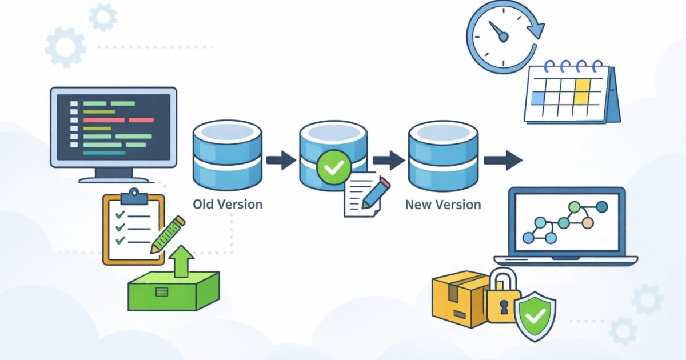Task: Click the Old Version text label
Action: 228,204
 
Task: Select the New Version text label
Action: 443,204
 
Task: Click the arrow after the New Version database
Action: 503,161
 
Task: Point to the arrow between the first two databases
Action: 281,161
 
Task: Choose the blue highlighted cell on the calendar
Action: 538,99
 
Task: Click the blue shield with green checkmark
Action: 535,315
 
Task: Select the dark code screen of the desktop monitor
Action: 113,127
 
